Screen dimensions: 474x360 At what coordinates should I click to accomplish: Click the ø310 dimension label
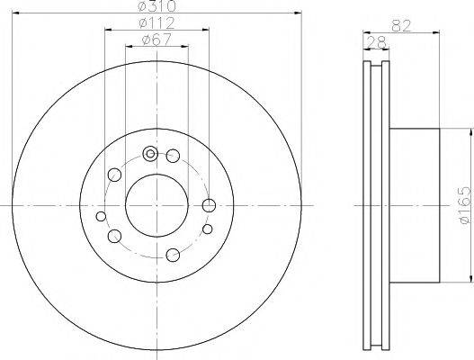tap(157, 6)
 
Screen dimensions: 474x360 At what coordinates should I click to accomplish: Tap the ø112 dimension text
tap(157, 22)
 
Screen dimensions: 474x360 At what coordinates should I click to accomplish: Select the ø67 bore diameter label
tap(157, 40)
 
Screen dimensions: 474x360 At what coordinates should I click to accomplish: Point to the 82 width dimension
tap(401, 26)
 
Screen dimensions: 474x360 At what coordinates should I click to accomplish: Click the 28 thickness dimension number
tap(376, 42)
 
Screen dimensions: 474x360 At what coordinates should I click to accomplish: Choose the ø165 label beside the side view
tap(464, 205)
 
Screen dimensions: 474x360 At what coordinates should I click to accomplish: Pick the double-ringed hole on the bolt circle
tap(150, 154)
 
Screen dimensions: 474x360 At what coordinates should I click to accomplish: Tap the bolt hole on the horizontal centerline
tap(209, 206)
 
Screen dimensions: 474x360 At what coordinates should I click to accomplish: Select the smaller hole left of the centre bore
tap(101, 216)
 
